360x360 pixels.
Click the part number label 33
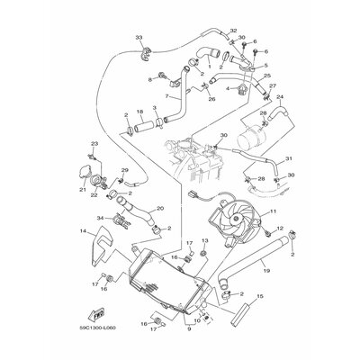tap(139, 37)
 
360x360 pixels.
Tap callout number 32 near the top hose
tap(233, 31)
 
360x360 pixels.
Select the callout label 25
tap(267, 76)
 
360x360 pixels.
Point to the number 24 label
tap(280, 97)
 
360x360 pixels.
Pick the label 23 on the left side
tap(93, 144)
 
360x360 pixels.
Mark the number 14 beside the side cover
tap(82, 231)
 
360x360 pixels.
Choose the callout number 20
tap(159, 208)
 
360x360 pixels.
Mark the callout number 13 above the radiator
tap(204, 240)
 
